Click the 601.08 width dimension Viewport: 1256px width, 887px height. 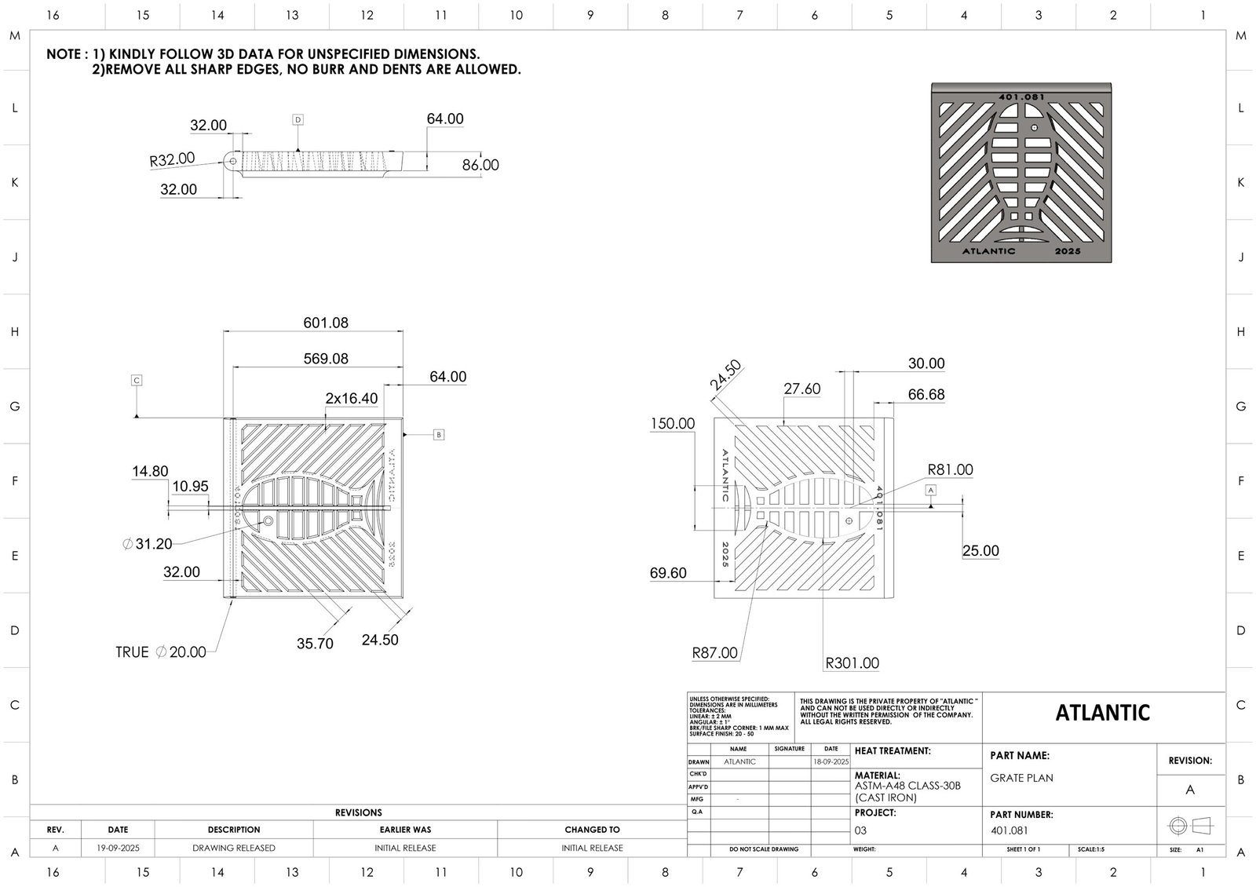(326, 323)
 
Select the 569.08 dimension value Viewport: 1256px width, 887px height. (326, 359)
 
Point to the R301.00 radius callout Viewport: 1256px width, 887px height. (853, 663)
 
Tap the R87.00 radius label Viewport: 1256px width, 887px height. (714, 653)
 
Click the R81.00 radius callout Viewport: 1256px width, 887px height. (950, 470)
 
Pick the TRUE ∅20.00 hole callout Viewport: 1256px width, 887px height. (161, 652)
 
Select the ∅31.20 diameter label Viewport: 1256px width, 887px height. (148, 543)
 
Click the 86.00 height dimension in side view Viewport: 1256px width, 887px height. (480, 165)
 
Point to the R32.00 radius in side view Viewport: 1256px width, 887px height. (172, 159)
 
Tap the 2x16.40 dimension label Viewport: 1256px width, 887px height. (352, 399)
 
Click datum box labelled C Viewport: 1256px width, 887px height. (137, 381)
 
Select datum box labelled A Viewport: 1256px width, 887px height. (931, 490)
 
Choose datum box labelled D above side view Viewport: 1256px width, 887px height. (298, 120)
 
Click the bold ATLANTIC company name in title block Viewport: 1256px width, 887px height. (1102, 713)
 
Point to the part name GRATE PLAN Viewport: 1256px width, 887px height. (1021, 778)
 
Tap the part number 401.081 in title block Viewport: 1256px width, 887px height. (1009, 830)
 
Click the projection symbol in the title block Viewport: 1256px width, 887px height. (1190, 826)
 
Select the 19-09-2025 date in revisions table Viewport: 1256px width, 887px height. (118, 848)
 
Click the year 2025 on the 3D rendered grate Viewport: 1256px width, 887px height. (1068, 251)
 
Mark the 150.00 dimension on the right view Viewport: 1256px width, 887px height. (672, 424)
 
